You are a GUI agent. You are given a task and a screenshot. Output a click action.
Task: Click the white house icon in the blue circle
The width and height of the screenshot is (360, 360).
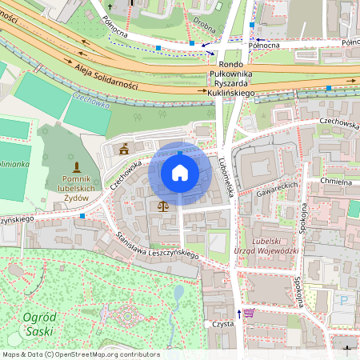coord(180,172)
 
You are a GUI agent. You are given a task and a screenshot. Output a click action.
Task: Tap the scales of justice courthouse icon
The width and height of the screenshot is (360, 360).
coord(163,206)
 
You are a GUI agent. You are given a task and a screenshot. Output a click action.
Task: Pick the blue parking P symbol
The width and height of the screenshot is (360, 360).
coord(345,301)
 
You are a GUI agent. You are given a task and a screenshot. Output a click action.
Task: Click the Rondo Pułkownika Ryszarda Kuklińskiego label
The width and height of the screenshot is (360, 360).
coord(230,79)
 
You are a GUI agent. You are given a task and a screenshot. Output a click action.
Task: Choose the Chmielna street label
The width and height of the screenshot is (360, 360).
coord(335,182)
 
